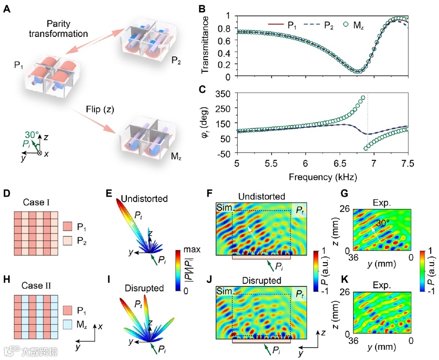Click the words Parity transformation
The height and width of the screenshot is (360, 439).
[67, 29]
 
